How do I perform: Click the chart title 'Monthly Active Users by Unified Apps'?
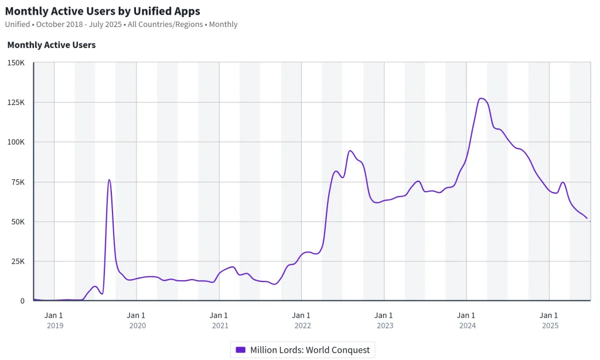click(x=103, y=11)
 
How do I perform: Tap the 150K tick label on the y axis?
click(x=15, y=62)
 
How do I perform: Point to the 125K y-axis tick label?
click(x=15, y=102)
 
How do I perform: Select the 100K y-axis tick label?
click(x=15, y=142)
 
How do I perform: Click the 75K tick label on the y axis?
click(x=17, y=182)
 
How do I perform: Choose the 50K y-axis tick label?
click(x=17, y=222)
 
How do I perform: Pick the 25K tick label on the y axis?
click(x=17, y=261)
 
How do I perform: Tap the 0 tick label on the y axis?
click(x=22, y=301)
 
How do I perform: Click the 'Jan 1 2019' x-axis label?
click(x=54, y=320)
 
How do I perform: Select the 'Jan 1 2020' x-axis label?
click(x=137, y=320)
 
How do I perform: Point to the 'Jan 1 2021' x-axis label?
click(x=219, y=320)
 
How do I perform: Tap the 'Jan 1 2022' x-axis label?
click(x=302, y=320)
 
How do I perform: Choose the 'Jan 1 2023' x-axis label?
click(x=384, y=320)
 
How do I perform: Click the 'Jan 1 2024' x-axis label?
click(x=467, y=320)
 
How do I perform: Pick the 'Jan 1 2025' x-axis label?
click(x=549, y=320)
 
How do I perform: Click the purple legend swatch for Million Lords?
click(x=240, y=350)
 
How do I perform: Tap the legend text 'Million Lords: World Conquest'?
click(x=310, y=350)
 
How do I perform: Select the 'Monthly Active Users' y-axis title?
click(x=52, y=45)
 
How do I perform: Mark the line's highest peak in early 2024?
click(x=481, y=99)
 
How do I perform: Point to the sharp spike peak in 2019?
click(x=109, y=180)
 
